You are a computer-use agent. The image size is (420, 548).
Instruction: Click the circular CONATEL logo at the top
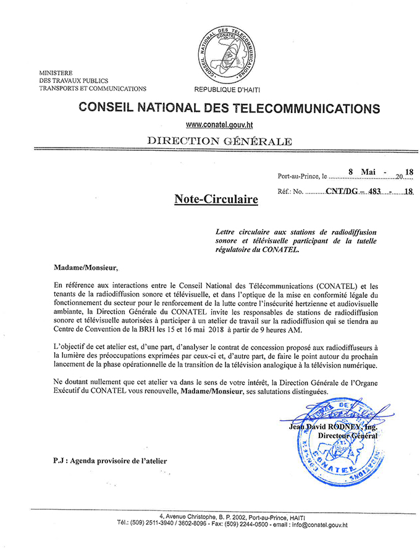click(x=230, y=51)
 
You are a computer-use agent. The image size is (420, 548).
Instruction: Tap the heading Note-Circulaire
click(x=208, y=199)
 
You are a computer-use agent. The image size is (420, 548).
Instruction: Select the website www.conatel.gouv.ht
click(x=222, y=125)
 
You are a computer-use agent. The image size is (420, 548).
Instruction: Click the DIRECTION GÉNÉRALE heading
click(x=219, y=141)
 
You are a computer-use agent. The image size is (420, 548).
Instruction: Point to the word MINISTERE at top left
click(x=56, y=72)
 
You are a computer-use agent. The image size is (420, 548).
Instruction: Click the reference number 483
click(x=376, y=191)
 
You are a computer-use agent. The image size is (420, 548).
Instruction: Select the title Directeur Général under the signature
click(x=347, y=435)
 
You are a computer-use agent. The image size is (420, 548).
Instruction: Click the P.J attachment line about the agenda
click(x=110, y=460)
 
